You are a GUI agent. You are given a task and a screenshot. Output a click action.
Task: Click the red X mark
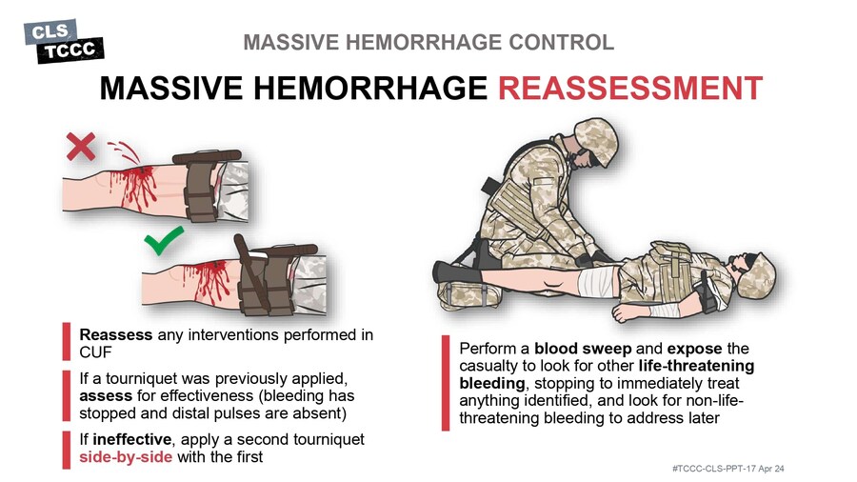pos(81,147)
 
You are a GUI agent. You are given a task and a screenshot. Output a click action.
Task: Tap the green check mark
pos(164,241)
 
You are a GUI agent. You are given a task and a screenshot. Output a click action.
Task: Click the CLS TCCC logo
pos(64,41)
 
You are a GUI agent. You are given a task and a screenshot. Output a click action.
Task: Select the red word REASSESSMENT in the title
pos(630,88)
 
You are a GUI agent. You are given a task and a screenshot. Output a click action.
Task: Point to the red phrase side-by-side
pos(126,457)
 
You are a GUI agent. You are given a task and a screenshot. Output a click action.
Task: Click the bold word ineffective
pos(131,439)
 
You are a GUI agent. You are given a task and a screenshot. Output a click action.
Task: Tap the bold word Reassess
pos(116,334)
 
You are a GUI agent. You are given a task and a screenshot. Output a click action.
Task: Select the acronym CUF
pos(95,352)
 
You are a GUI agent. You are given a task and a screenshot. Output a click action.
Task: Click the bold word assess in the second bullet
pos(106,395)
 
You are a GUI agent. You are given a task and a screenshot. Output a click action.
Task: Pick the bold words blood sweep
pos(583,349)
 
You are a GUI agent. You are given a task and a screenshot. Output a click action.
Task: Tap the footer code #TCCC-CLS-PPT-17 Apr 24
pos(728,469)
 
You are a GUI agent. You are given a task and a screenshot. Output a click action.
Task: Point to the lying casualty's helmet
pos(758,276)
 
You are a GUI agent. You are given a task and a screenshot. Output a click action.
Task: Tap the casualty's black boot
pos(457,271)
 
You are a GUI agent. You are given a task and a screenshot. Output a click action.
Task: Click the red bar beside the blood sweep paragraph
pos(446,383)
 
